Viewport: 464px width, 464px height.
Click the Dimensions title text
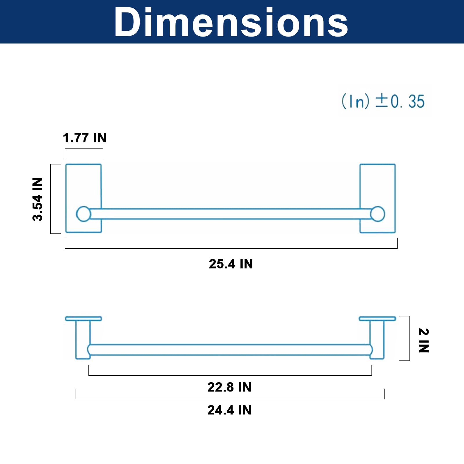231,22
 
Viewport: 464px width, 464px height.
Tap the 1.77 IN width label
85,138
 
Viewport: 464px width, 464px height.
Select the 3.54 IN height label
37,199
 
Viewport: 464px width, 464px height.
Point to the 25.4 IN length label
231,264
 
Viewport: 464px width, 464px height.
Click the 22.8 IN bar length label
229,387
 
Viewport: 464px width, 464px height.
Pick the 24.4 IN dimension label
229,410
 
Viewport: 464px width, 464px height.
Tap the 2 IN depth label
424,340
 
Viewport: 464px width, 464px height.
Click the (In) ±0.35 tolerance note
383,101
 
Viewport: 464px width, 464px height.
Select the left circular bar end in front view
84,214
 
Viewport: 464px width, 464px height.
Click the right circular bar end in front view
378,214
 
